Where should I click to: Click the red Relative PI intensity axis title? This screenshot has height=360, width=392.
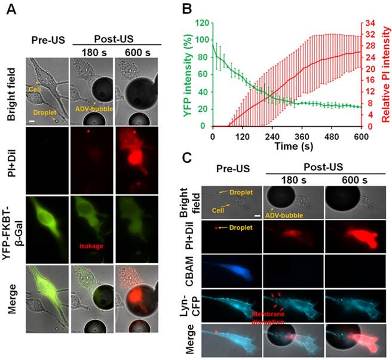click(x=386, y=75)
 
